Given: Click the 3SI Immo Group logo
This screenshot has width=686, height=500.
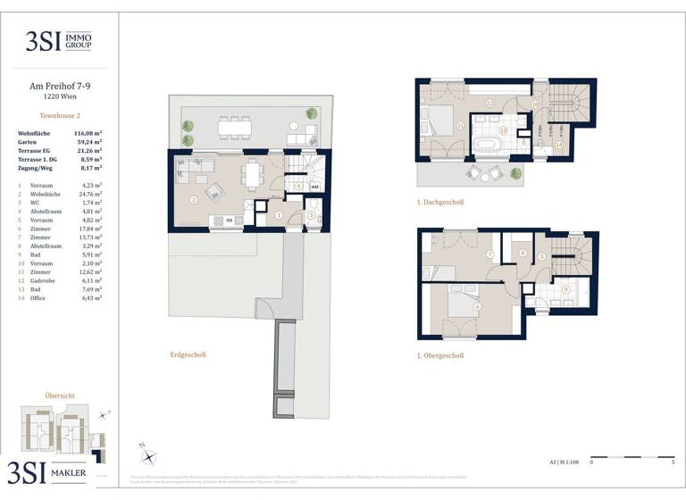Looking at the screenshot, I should click(x=60, y=41).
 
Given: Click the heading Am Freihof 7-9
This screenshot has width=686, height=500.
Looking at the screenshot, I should click(x=60, y=87).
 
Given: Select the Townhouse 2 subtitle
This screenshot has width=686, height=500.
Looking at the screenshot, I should click(x=60, y=116).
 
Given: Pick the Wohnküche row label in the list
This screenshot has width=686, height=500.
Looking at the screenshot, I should click(x=46, y=194).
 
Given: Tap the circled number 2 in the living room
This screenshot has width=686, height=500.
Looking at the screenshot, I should click(x=193, y=199).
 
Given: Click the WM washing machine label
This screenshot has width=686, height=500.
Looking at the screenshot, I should click(x=314, y=187).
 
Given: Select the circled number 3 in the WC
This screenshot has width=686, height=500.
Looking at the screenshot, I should click(x=310, y=214).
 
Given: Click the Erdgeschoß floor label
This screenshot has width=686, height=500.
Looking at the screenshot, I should click(x=188, y=354).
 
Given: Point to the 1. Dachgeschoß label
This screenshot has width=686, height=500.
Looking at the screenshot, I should click(x=440, y=203).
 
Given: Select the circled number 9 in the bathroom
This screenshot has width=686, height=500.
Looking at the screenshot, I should click(x=565, y=289).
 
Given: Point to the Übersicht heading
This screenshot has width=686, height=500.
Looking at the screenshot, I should click(x=59, y=395).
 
